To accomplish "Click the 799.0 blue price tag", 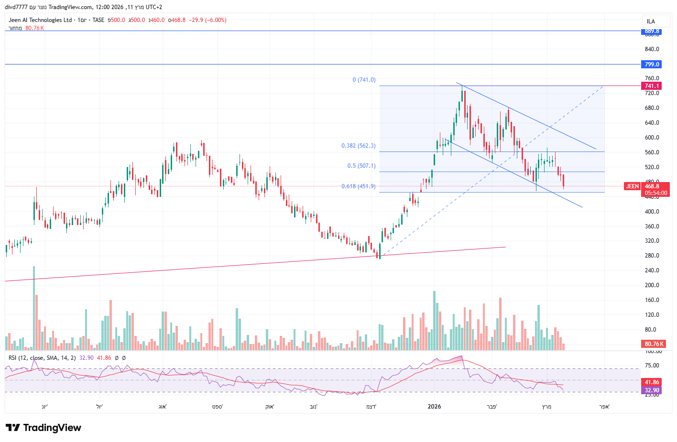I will click(x=652, y=64).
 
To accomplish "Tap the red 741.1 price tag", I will click(x=652, y=86).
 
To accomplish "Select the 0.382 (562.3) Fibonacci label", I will click(x=358, y=146).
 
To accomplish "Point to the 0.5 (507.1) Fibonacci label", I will click(x=361, y=166).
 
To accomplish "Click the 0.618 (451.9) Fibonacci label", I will click(x=358, y=186).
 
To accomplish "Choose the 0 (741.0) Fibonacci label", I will click(x=364, y=80).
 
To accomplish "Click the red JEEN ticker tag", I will click(x=632, y=186).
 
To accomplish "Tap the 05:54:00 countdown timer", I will click(x=656, y=193).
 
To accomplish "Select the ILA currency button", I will click(x=651, y=22).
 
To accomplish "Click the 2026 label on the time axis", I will click(x=434, y=407).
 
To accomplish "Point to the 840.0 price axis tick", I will click(x=652, y=49).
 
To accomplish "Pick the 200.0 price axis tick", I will click(x=652, y=285).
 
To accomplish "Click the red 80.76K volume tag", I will click(x=654, y=344).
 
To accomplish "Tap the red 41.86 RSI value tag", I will click(x=652, y=382).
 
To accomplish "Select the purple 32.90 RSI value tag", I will click(x=652, y=390).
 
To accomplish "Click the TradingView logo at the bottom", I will click(x=44, y=428).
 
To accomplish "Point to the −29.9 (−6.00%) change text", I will click(x=207, y=20).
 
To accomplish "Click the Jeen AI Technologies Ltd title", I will click(x=40, y=20).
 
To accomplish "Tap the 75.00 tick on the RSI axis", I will click(x=652, y=366).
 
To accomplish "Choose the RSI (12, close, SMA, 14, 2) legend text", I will click(x=42, y=358).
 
